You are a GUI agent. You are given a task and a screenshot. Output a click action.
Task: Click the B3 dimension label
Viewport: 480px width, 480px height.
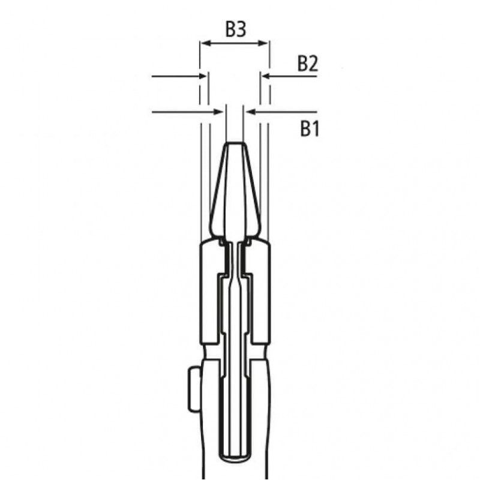pyautogui.click(x=235, y=29)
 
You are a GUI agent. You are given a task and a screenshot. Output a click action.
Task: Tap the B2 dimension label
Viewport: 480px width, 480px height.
pyautogui.click(x=307, y=64)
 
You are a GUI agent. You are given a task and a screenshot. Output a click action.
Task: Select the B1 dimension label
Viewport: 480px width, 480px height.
pyautogui.click(x=309, y=128)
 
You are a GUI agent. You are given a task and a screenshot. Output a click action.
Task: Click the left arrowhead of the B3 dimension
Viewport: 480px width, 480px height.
pyautogui.click(x=204, y=43)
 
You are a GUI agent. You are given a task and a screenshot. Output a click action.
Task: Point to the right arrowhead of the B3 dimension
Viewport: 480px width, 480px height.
pyautogui.click(x=264, y=43)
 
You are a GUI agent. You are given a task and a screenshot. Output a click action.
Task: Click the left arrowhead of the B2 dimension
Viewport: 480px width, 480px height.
pyautogui.click(x=203, y=76)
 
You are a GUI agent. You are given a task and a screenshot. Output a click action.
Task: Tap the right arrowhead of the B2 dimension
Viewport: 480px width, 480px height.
pyautogui.click(x=266, y=76)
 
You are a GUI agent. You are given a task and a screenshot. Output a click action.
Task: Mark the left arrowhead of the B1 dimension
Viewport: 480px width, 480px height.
pyautogui.click(x=220, y=111)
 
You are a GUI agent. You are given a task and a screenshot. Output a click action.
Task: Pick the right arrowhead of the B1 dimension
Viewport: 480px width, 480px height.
pyautogui.click(x=250, y=111)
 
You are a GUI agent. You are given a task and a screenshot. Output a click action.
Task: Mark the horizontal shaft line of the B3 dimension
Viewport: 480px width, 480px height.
pyautogui.click(x=234, y=43)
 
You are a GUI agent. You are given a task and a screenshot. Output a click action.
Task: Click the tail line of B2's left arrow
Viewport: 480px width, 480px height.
pyautogui.click(x=174, y=76)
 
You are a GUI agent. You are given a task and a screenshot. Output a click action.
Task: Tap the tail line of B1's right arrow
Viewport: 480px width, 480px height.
pyautogui.click(x=285, y=111)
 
